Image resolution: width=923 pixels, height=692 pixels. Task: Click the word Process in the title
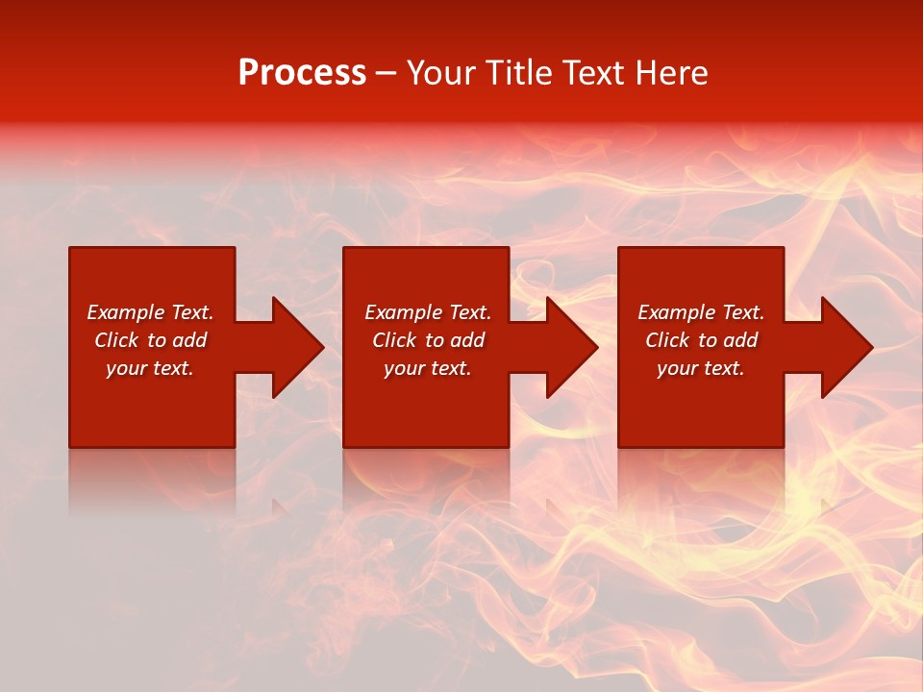click(x=302, y=73)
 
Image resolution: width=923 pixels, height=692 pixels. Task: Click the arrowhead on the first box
click(x=297, y=347)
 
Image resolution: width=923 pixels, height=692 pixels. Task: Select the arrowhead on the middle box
click(x=572, y=347)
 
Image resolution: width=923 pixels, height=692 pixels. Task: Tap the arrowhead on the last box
click(x=846, y=347)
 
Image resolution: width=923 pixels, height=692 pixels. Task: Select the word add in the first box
click(x=189, y=340)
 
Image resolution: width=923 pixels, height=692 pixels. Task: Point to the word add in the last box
click(x=740, y=340)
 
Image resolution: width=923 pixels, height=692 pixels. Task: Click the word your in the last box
click(x=677, y=369)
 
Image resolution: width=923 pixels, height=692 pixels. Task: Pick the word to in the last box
click(x=709, y=340)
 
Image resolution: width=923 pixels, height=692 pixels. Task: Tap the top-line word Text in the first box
click(x=191, y=312)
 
